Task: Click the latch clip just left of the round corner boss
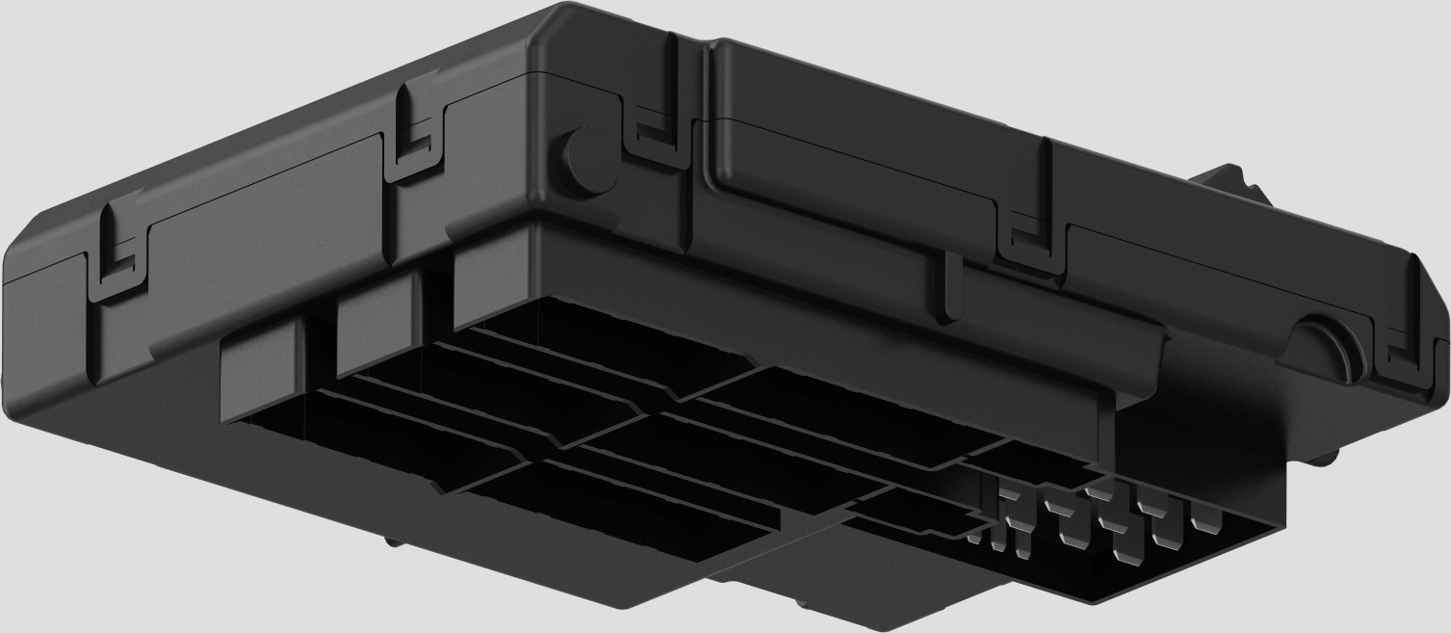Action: [415, 135]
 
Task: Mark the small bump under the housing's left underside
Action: [395, 541]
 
